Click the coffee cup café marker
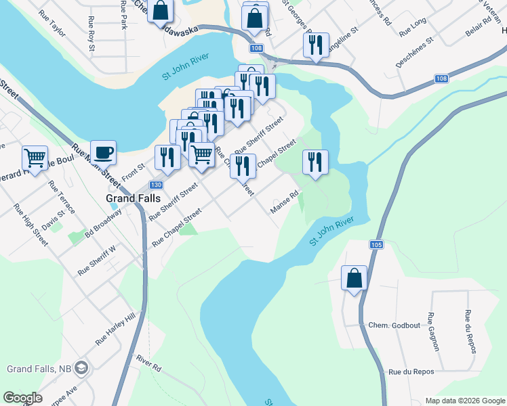click(x=103, y=152)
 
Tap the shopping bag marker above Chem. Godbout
click(x=354, y=278)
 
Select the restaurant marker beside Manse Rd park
click(x=315, y=162)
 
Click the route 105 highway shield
click(x=378, y=244)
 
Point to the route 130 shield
click(x=156, y=185)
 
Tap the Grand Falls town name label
click(x=133, y=198)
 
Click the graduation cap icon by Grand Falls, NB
click(x=82, y=369)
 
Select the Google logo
click(x=22, y=398)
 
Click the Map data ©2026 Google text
click(x=464, y=401)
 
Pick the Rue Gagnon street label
click(x=434, y=332)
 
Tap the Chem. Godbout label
click(x=392, y=325)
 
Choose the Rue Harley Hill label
click(x=116, y=329)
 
